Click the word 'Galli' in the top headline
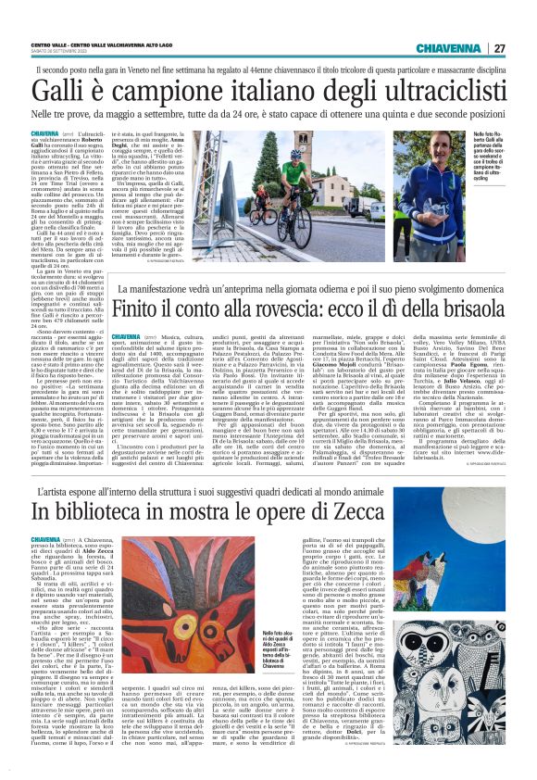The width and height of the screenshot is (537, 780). pos(60,91)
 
